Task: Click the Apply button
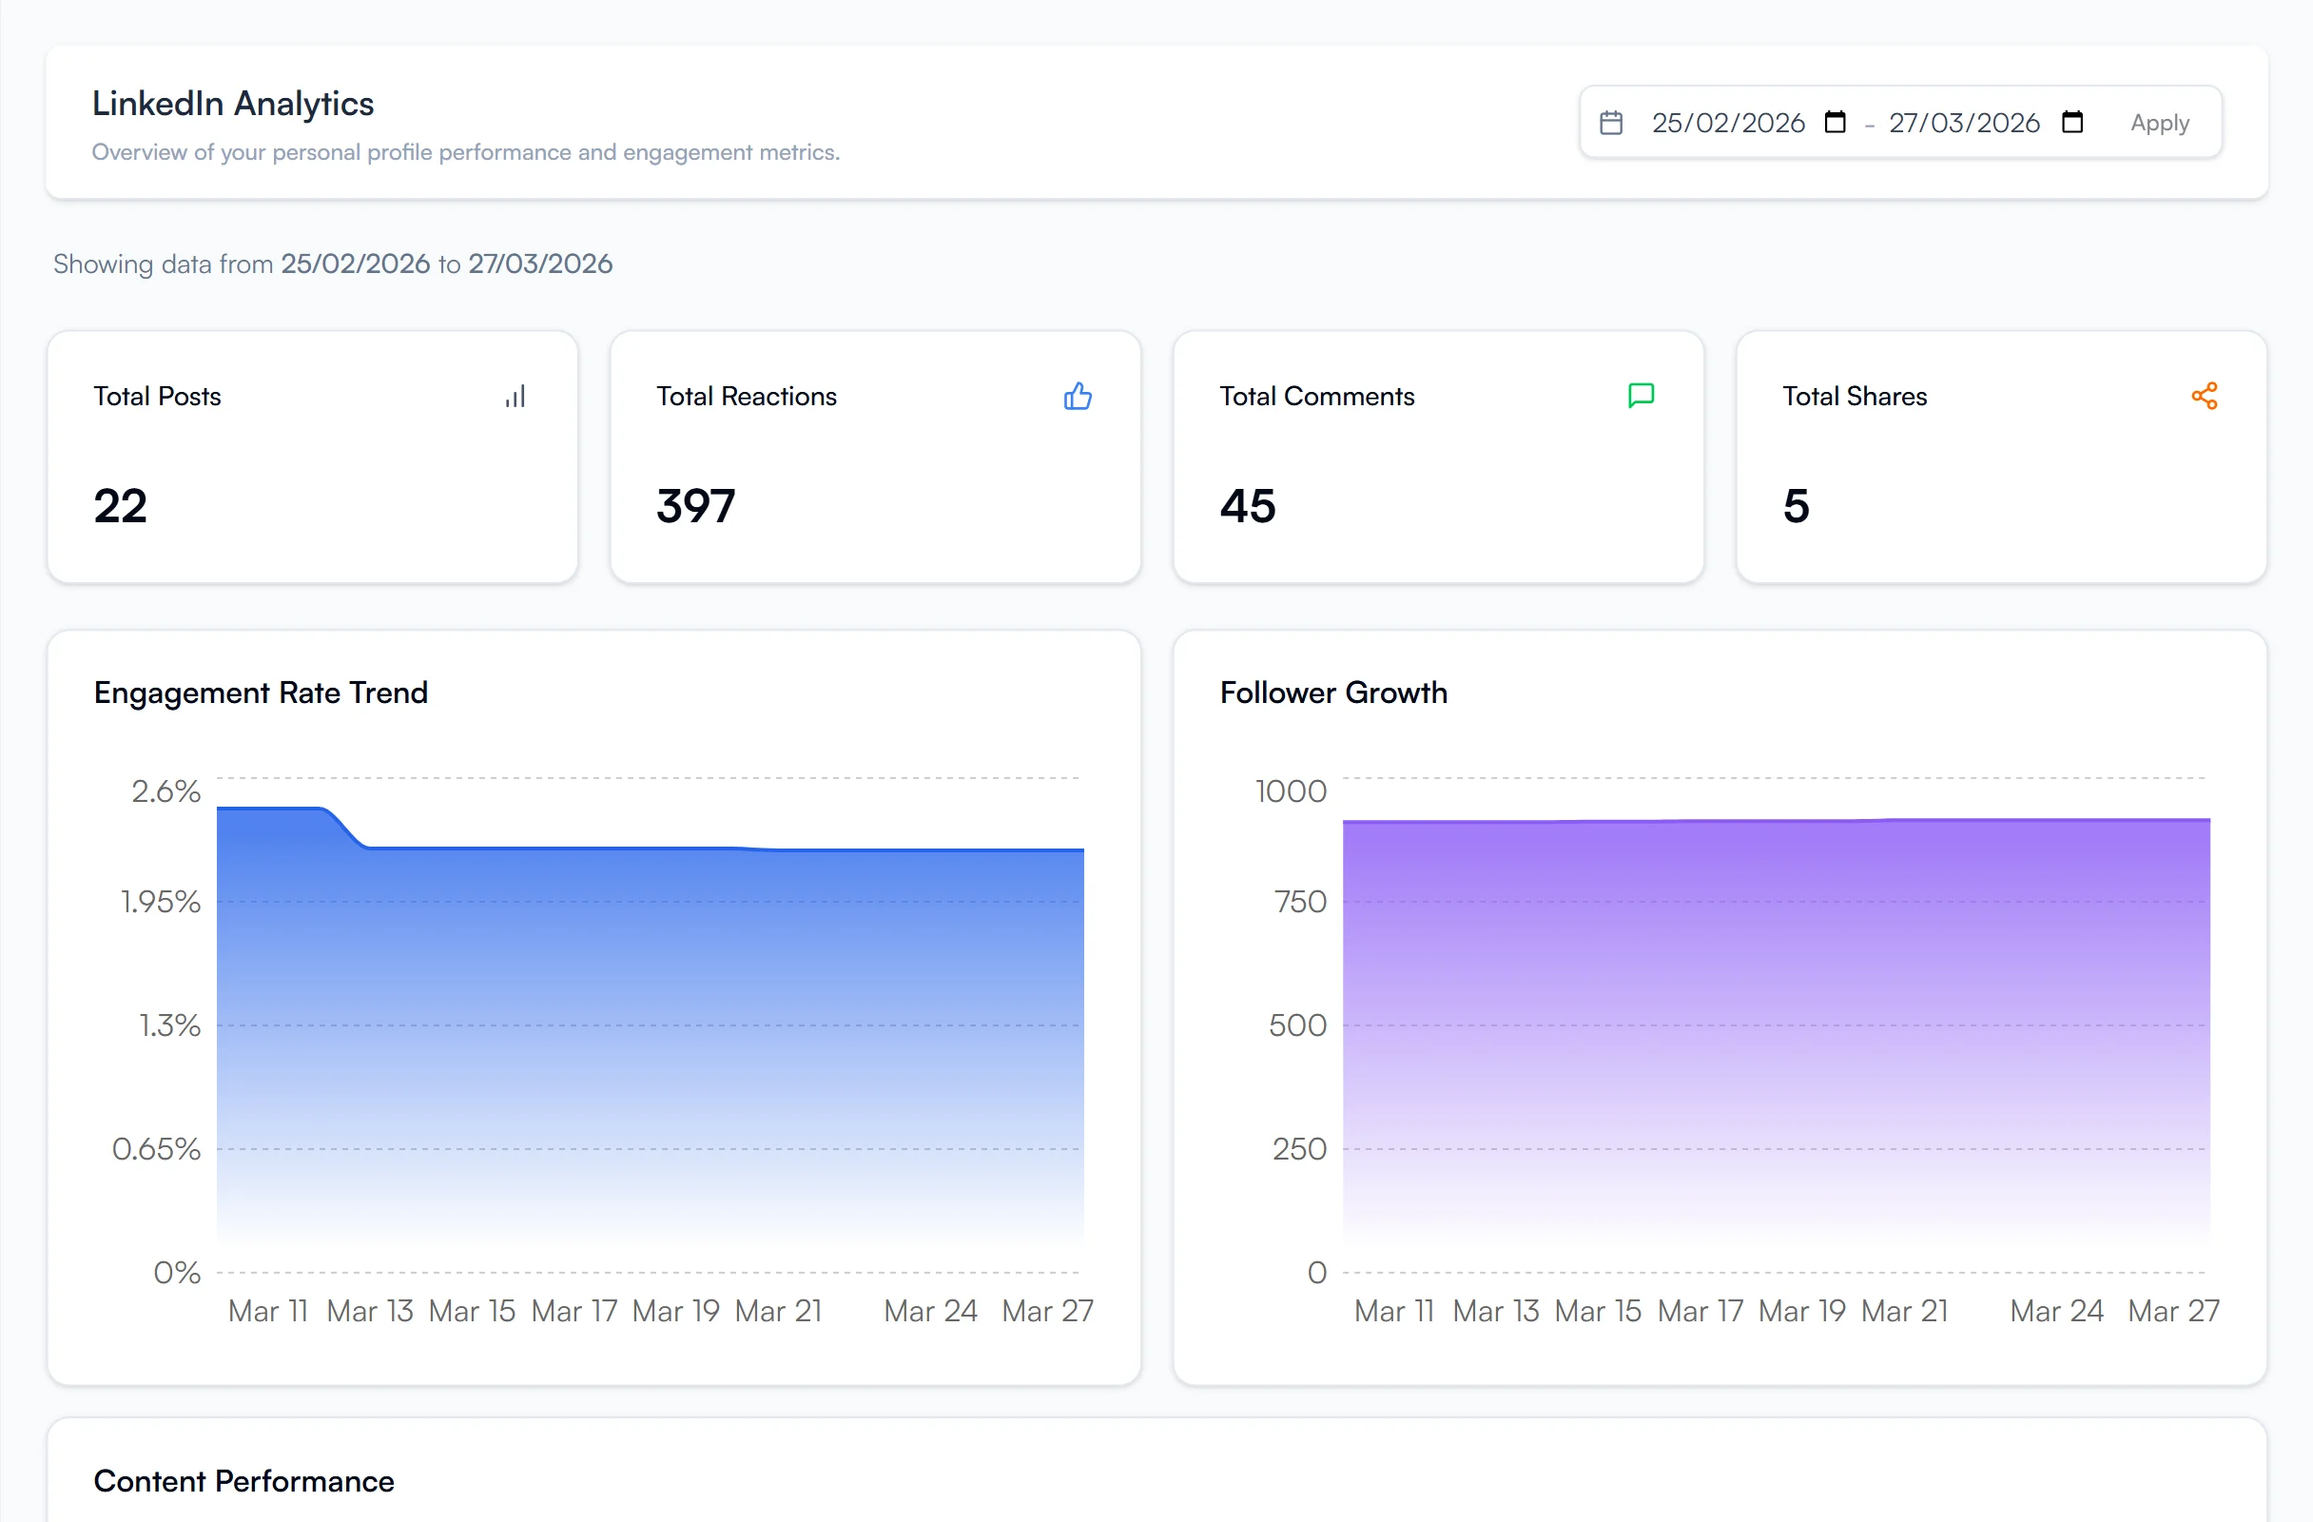click(2159, 123)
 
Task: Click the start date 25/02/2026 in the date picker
click(1727, 123)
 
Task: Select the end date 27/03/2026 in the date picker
click(1963, 123)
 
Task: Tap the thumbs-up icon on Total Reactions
click(1077, 397)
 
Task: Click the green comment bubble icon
click(1641, 396)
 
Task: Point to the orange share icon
click(2205, 396)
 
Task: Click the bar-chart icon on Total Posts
click(515, 397)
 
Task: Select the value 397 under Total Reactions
click(696, 506)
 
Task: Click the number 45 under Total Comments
click(1247, 506)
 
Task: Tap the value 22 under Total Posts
click(121, 506)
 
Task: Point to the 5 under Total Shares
click(1795, 506)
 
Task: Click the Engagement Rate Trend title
click(261, 693)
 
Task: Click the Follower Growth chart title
click(1332, 693)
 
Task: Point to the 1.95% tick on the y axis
click(162, 902)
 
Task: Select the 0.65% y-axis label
click(157, 1149)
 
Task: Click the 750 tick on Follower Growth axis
click(1299, 902)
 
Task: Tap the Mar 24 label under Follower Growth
click(2055, 1311)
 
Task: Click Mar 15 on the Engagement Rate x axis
click(472, 1311)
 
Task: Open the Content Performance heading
click(243, 1481)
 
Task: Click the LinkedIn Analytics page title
click(233, 104)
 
